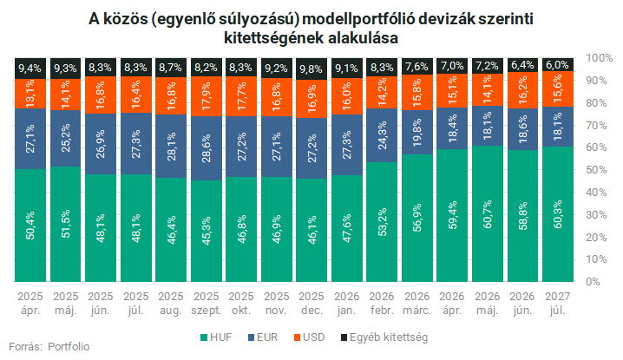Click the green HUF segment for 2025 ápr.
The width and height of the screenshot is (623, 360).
click(30, 226)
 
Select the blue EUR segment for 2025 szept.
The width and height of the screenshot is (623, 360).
click(207, 148)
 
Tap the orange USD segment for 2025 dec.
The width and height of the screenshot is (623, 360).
click(311, 99)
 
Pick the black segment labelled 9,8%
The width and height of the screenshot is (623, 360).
click(311, 69)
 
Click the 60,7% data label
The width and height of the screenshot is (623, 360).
click(488, 214)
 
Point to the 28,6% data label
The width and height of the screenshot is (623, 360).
click(207, 147)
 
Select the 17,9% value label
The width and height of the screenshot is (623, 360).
click(207, 96)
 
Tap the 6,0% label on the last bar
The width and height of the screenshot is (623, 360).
click(557, 65)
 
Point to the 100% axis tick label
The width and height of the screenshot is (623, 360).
click(600, 58)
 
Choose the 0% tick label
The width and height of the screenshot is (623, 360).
click(593, 282)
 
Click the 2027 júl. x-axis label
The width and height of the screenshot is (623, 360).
click(557, 303)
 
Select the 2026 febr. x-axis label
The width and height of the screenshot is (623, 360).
click(382, 303)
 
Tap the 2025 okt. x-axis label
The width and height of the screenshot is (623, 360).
click(241, 303)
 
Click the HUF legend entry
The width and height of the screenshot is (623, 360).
click(216, 337)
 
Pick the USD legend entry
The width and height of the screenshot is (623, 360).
click(309, 337)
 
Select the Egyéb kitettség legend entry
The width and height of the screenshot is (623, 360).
click(384, 337)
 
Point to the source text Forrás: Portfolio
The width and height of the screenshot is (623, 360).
click(49, 346)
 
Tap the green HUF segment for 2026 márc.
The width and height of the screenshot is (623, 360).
click(417, 218)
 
